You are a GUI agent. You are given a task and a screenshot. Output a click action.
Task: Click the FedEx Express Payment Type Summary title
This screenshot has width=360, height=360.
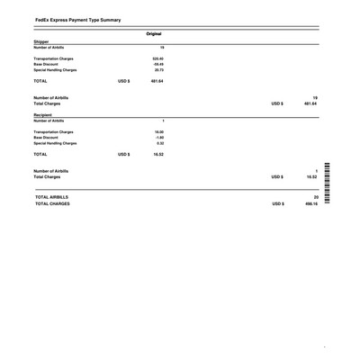coord(77,19)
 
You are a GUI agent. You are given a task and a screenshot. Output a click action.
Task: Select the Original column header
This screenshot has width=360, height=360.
coord(153,33)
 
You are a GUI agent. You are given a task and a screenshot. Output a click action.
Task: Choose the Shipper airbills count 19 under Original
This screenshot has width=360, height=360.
coord(162,48)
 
